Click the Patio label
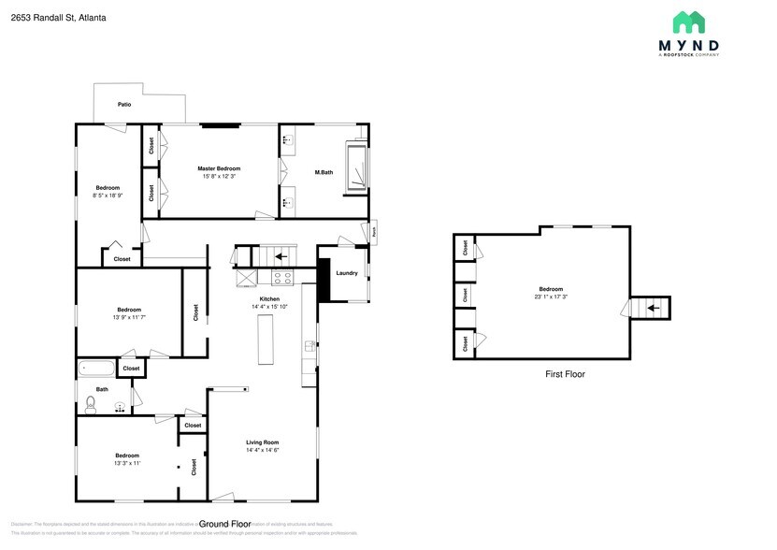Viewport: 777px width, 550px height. coord(123,104)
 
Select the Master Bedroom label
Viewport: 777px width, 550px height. coord(219,168)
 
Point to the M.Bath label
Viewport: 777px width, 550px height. coord(324,172)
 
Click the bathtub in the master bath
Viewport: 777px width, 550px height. coord(356,166)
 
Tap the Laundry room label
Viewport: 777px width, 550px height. coord(347,273)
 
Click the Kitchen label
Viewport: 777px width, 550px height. coord(269,299)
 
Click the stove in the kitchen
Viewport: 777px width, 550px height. coord(282,277)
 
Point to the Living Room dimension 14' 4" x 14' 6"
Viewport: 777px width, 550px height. coord(263,451)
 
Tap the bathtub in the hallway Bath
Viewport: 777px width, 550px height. coord(96,369)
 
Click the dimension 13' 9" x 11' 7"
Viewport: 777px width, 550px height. coord(129,317)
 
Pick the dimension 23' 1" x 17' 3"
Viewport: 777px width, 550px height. coord(552,297)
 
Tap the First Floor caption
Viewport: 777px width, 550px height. coord(565,374)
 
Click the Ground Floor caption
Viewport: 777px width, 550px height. coord(225,524)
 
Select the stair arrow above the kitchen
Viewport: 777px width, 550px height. coord(281,254)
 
